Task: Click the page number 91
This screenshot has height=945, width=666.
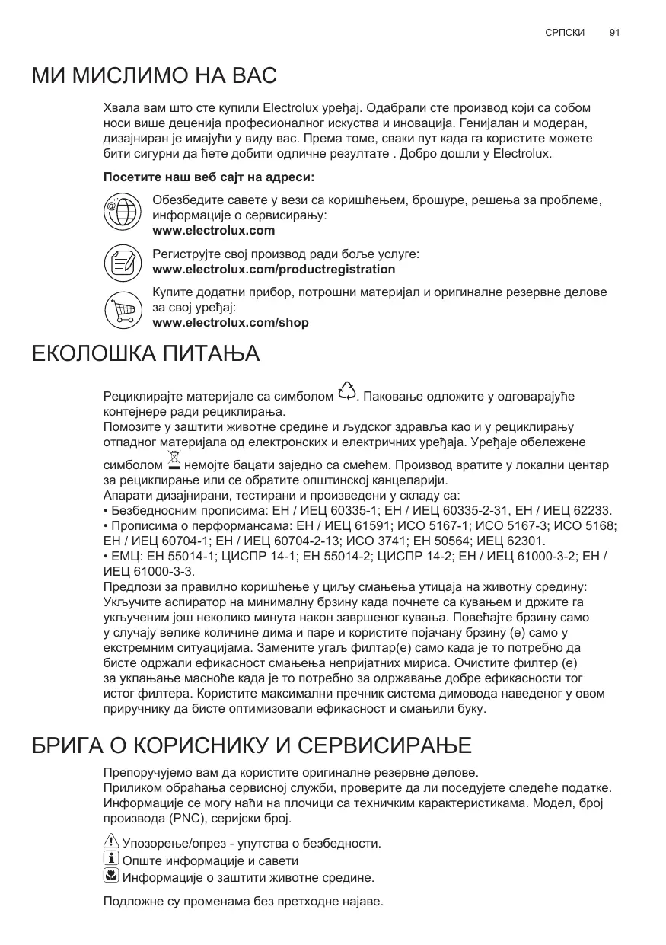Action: coord(615,34)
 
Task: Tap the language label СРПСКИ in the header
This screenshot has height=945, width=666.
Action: coord(566,34)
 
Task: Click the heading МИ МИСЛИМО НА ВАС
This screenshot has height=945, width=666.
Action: coord(154,76)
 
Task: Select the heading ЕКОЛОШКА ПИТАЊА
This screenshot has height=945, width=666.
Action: coord(145,354)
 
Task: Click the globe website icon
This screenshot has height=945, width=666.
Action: coord(122,211)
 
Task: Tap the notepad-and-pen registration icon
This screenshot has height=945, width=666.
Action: coord(122,262)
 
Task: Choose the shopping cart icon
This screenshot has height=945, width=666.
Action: coord(122,308)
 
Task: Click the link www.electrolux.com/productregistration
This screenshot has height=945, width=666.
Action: coord(274,270)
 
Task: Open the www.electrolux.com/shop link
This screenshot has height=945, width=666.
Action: coord(231,323)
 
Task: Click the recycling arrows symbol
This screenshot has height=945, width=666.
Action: coord(346,391)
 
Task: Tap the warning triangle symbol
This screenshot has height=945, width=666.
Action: coord(110,841)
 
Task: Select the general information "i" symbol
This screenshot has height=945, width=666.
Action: coord(110,859)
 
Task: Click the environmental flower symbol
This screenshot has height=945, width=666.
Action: coord(110,876)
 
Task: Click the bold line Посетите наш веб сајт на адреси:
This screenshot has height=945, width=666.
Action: coord(209,177)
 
